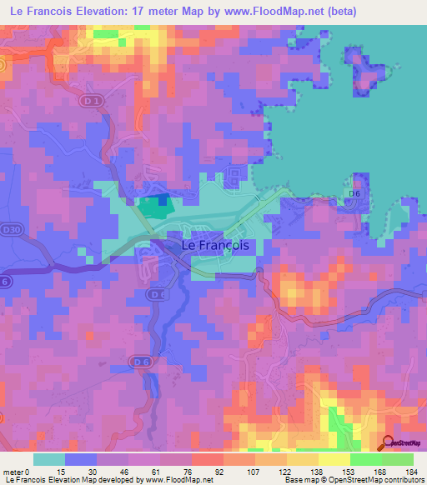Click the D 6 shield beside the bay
[354, 193]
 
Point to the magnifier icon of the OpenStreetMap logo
[388, 443]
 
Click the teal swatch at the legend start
[49, 458]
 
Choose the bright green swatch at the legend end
[398, 458]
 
